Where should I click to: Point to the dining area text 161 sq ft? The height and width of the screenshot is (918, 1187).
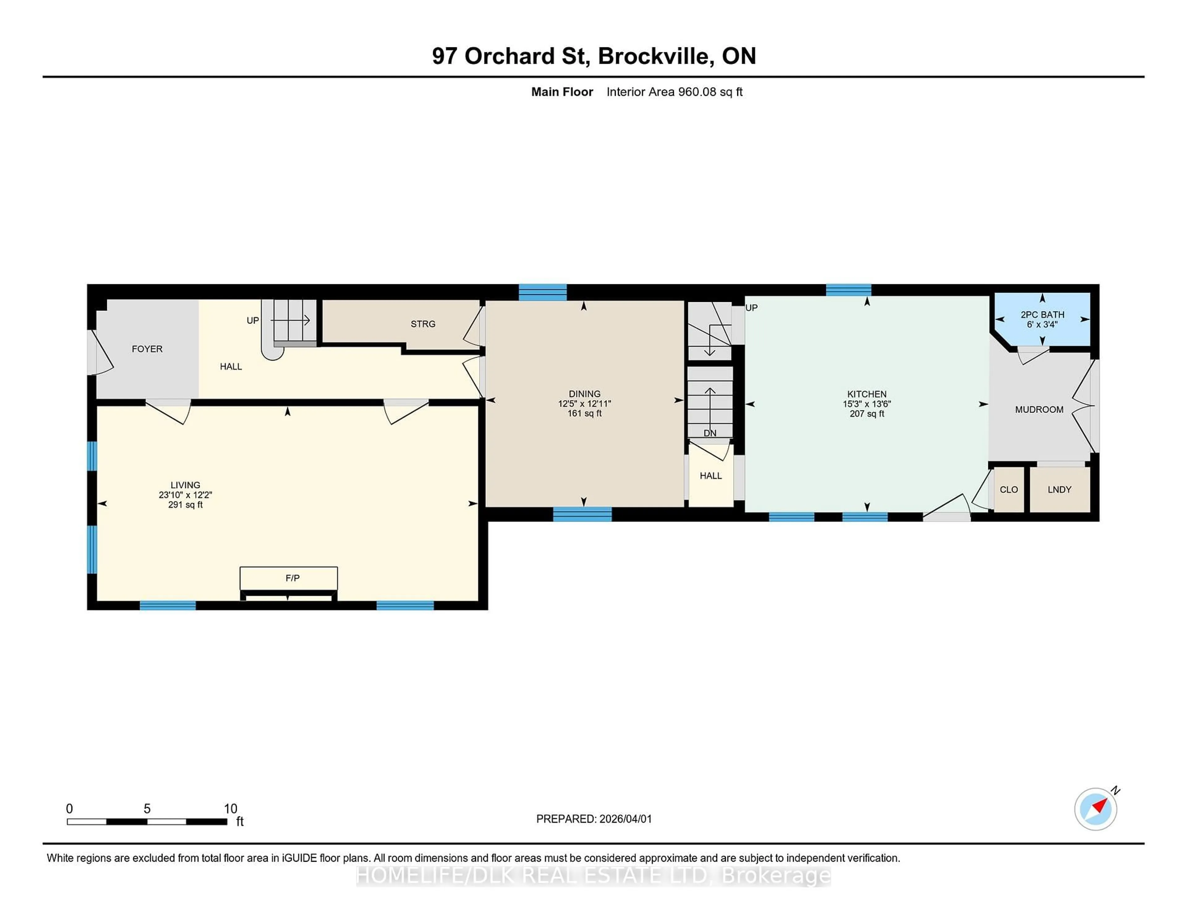[x=584, y=413]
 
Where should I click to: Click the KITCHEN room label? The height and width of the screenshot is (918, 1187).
[x=866, y=394]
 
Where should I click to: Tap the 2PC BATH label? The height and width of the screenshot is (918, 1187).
[x=1042, y=314]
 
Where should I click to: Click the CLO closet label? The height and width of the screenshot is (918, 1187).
[x=1009, y=489]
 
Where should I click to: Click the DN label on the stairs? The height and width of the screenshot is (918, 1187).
[x=710, y=433]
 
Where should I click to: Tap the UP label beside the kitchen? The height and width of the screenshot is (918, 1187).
[x=751, y=308]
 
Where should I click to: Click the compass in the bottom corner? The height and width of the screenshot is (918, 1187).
[x=1095, y=809]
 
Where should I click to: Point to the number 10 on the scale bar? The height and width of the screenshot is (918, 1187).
[x=230, y=809]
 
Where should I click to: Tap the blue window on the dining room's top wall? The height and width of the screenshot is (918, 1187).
[x=542, y=292]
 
